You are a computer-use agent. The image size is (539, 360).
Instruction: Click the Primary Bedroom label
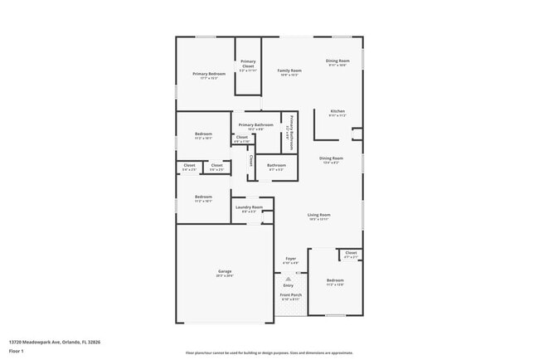[209, 74]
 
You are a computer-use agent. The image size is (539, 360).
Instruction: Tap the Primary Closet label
[248, 63]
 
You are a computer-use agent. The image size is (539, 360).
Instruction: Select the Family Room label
[289, 71]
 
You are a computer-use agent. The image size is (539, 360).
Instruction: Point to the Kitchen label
[337, 111]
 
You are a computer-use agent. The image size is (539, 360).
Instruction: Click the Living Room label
[319, 214]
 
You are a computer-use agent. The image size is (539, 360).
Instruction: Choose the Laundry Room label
[249, 207]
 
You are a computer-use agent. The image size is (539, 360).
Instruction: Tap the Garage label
[225, 270]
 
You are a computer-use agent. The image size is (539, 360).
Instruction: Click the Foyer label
[290, 258]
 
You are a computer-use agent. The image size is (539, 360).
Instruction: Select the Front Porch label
[290, 295]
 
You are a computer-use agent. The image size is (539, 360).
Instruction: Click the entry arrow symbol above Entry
[288, 279]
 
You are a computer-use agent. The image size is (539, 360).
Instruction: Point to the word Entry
[288, 286]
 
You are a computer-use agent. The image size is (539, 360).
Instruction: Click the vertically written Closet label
[251, 160]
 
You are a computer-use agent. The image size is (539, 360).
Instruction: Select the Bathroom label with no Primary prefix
[276, 165]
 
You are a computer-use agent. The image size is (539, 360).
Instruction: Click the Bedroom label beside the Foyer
[334, 280]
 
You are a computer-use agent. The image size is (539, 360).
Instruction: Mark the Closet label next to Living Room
[351, 253]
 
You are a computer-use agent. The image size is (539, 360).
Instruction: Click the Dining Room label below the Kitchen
[331, 158]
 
